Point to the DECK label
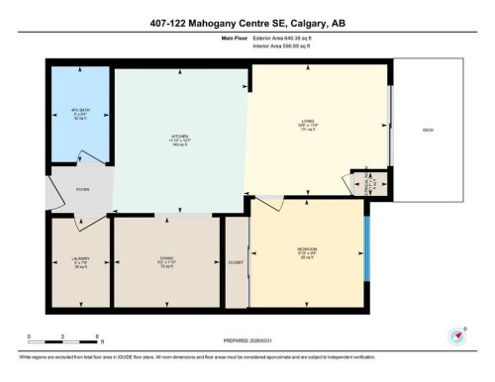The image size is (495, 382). coord(428,130)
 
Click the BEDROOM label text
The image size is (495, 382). coord(307,249)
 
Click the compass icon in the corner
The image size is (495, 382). coord(457,334)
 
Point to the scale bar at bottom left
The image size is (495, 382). coord(62,337)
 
